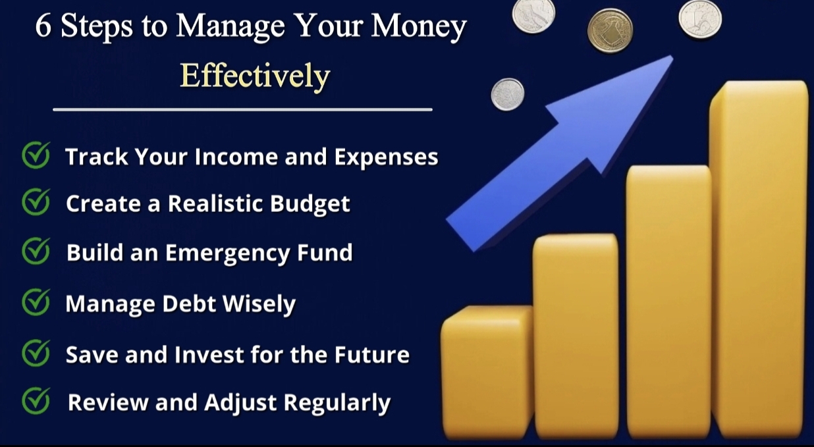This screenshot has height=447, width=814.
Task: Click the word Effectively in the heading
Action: click(x=255, y=76)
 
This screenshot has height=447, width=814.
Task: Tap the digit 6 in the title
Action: click(x=43, y=26)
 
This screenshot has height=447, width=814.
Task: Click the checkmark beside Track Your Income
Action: click(x=36, y=155)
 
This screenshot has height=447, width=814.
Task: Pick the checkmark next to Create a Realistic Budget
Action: click(x=36, y=201)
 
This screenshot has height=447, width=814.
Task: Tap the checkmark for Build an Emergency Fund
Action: click(x=36, y=251)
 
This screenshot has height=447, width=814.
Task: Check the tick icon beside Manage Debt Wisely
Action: click(x=36, y=302)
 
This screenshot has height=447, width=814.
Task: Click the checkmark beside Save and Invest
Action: click(x=36, y=353)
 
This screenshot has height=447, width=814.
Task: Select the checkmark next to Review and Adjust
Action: click(x=36, y=400)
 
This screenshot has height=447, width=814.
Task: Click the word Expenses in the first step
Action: click(x=387, y=157)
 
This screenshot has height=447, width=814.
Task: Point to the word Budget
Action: click(x=310, y=204)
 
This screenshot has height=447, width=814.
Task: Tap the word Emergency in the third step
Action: click(x=227, y=253)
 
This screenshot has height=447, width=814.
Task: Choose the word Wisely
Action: click(x=259, y=304)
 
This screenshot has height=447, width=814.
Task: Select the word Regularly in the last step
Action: click(x=337, y=404)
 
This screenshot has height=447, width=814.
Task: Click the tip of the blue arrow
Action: click(x=672, y=56)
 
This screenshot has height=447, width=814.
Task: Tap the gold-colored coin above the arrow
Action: click(x=610, y=30)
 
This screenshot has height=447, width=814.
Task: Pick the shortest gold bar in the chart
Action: click(x=487, y=371)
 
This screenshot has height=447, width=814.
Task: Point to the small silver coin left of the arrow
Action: click(x=508, y=94)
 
